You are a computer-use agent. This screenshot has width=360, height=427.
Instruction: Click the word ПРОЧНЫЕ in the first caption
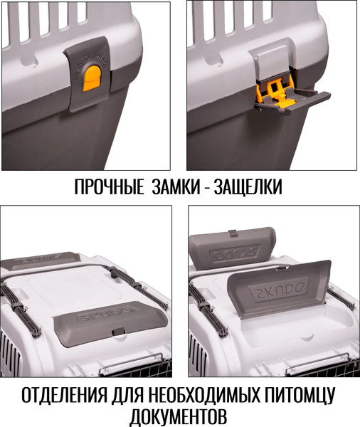coord(107,188)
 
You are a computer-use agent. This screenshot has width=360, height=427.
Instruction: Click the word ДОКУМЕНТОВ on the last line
coord(179,416)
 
